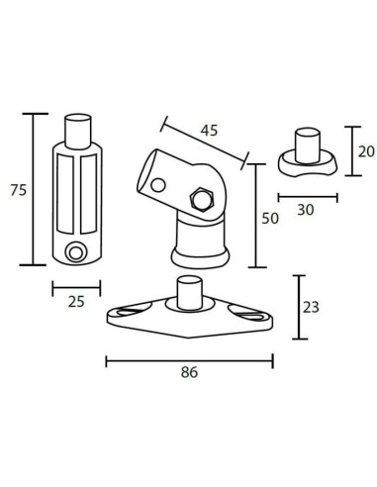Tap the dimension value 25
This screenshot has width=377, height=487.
pos(74,303)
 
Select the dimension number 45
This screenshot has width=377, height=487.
pos(210,131)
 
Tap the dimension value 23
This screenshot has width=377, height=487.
pos(311,307)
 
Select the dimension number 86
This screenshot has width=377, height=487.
pos(190,373)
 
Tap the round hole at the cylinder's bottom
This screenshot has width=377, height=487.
pos(73,252)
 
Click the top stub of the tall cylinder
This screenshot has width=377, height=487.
pos(77,130)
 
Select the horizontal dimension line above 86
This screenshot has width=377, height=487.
pos(189,360)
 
